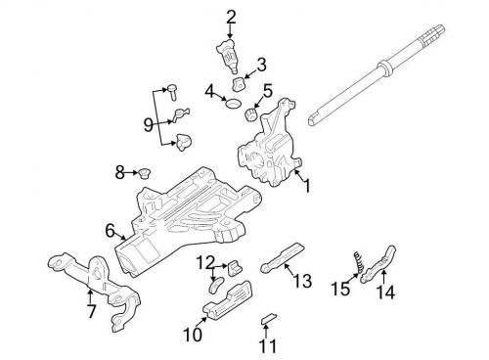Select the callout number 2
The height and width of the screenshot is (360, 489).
tap(231, 16)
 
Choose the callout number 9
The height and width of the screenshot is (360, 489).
tap(150, 124)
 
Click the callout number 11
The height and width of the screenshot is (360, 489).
tap(268, 345)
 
